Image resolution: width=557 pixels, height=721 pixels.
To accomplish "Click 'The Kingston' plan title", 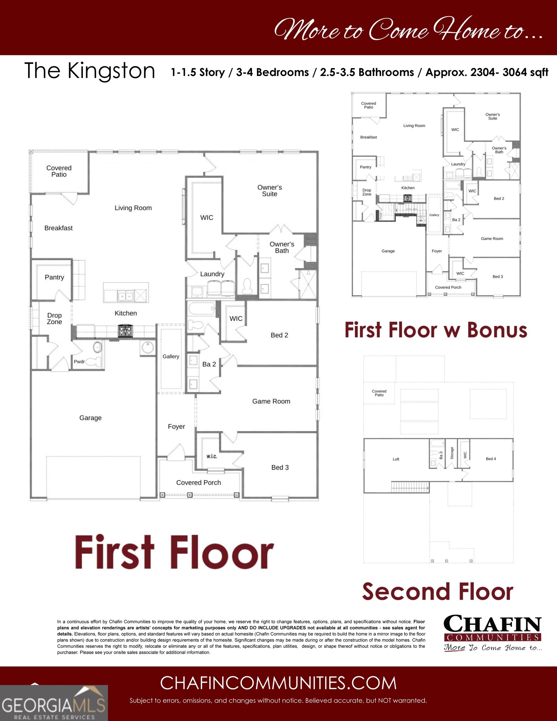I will click(x=90, y=71).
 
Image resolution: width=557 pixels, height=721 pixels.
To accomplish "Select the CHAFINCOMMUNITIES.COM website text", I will click(x=278, y=683).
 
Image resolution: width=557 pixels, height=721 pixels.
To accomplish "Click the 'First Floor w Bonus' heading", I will click(x=436, y=330).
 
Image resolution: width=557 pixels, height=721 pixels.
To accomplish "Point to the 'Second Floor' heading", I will click(x=438, y=591).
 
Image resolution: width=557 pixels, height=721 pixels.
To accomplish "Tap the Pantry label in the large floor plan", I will click(x=54, y=277).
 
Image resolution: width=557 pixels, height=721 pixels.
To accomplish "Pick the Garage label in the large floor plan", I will click(x=90, y=418).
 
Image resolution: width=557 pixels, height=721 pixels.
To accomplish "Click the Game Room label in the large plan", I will click(x=271, y=401).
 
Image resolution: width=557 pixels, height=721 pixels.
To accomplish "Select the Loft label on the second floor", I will click(x=396, y=459).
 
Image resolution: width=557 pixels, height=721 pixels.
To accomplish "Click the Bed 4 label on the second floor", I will click(x=491, y=459).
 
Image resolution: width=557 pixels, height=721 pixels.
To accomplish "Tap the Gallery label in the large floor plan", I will click(x=171, y=356).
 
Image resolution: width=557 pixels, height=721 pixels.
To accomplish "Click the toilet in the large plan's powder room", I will click(x=94, y=361).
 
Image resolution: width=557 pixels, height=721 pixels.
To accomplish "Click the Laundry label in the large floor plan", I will click(x=212, y=274).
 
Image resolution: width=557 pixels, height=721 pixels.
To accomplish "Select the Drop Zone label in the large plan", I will click(x=54, y=319).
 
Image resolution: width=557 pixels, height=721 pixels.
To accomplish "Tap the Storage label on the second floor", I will click(x=452, y=453).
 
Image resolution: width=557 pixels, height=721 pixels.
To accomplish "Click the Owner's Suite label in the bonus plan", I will click(x=493, y=116).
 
